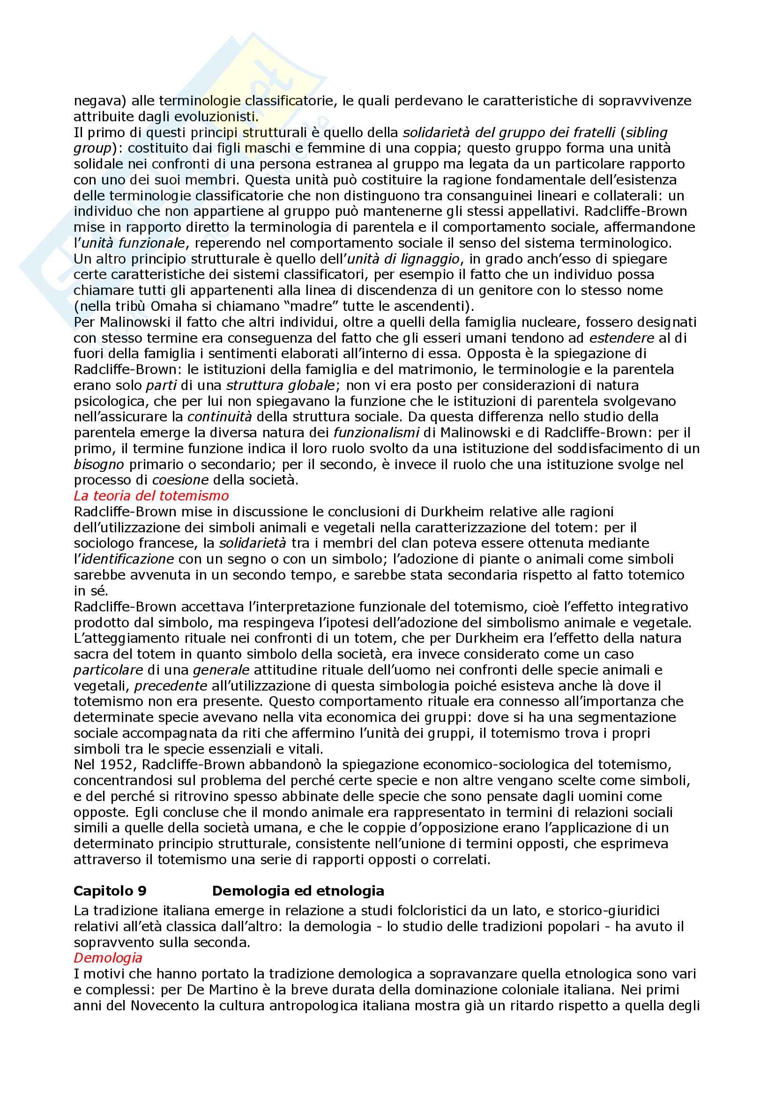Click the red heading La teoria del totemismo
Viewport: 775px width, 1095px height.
pos(151,496)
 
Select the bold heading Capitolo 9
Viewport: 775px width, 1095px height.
pos(110,890)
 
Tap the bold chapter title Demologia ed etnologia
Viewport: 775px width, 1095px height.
pos(298,890)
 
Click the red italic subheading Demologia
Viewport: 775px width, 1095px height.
pos(108,957)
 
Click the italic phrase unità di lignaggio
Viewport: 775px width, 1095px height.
pos(404,258)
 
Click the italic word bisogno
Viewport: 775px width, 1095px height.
pos(99,464)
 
